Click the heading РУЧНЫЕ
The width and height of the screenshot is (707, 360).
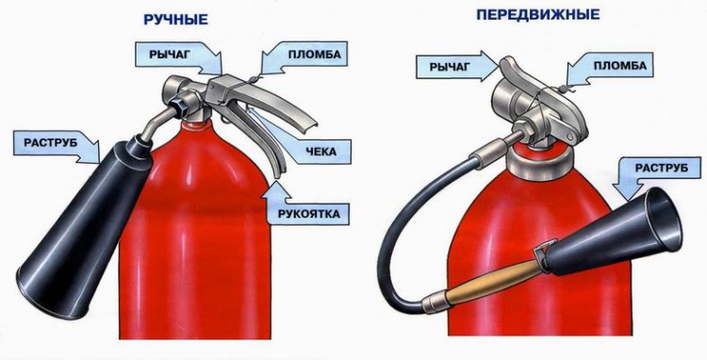coord(175,19)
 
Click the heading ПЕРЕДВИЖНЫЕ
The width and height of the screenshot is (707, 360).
coord(538,14)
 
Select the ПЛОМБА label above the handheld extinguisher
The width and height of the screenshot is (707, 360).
coord(314,55)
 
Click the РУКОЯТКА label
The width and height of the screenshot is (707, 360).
coord(308,213)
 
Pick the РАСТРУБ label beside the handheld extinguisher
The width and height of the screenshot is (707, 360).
coord(51,143)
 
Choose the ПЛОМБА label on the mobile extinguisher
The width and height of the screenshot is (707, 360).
coord(620,66)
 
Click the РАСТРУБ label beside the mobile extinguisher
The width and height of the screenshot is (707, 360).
coord(662,168)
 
